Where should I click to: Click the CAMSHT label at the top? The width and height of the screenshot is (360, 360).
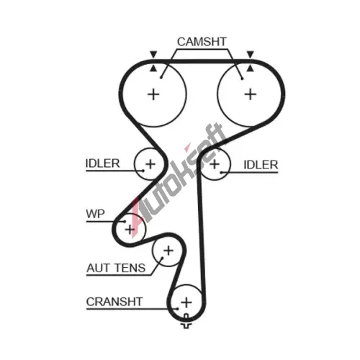coord(202,42)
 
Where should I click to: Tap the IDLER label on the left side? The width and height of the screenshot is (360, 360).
coord(102,163)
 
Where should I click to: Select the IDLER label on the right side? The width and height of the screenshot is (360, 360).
coord(261,165)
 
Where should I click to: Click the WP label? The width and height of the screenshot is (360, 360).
coord(95,214)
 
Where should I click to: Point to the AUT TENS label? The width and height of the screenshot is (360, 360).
coord(116,268)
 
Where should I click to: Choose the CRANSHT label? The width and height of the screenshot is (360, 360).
coord(114,302)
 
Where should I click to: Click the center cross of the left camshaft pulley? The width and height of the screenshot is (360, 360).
coord(153,94)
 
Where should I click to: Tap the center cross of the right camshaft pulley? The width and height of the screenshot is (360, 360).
coord(251,94)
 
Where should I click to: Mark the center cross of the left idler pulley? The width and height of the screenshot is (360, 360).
coord(150,164)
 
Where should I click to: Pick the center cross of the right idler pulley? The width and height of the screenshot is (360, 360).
coord(215,164)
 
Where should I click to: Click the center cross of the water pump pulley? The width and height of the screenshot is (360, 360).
coord(130,230)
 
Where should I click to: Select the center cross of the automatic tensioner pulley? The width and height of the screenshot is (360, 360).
coord(168,251)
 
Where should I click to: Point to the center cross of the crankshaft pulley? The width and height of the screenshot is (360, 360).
coord(186,302)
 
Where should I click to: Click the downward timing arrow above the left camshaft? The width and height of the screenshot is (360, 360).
coord(153,54)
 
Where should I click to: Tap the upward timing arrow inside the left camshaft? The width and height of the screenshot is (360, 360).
coord(153,68)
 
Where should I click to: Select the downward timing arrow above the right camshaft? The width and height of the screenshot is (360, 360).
coord(251,54)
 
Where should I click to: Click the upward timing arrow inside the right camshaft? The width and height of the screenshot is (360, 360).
coord(251,68)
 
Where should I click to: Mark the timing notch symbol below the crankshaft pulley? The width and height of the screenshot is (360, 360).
coord(186,322)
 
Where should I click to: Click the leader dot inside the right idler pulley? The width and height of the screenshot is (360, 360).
coord(221,172)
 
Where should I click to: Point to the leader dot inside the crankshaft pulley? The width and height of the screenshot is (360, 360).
coord(177,309)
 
